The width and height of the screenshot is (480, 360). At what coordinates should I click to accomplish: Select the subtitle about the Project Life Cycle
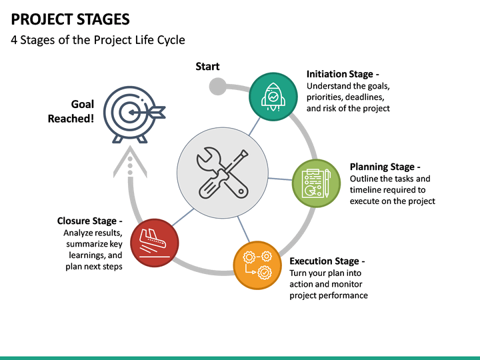coord(98,40)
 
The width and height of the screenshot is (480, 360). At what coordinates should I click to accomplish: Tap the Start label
coord(207,66)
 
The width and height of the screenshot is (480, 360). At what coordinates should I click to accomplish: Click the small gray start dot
coord(217,87)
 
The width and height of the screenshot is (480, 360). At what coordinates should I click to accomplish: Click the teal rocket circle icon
coord(273,97)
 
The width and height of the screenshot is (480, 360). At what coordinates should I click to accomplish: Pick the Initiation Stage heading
coord(343,75)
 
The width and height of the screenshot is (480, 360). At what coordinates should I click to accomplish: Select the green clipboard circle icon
coord(316,183)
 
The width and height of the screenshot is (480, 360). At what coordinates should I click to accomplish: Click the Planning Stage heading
coord(385,167)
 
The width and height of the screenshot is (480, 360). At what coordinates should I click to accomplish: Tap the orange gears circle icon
coord(257,265)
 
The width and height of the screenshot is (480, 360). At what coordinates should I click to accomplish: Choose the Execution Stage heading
coord(327,261)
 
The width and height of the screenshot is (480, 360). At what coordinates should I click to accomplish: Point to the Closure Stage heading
coord(89,221)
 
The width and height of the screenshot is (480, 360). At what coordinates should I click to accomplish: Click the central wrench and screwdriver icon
coord(223,173)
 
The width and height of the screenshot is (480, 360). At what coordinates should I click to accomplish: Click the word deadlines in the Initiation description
coord(365,97)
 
